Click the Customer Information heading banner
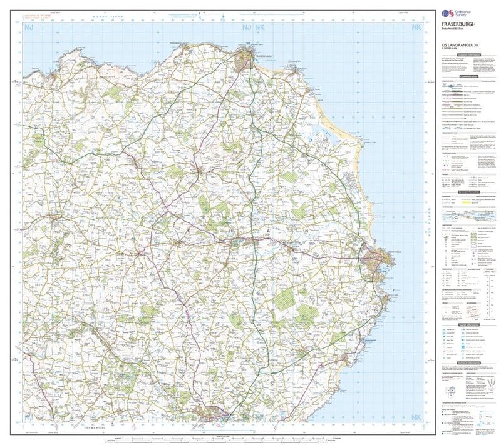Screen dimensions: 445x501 click(467, 54)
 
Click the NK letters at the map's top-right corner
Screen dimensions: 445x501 click(416, 28)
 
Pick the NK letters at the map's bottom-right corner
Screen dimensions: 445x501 click(416, 417)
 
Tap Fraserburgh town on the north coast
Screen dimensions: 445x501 click(248, 56)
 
